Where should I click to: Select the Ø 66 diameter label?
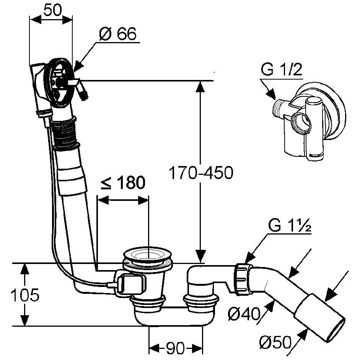click(117, 34)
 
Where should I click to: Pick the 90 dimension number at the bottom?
click(175, 348)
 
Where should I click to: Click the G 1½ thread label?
click(289, 226)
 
